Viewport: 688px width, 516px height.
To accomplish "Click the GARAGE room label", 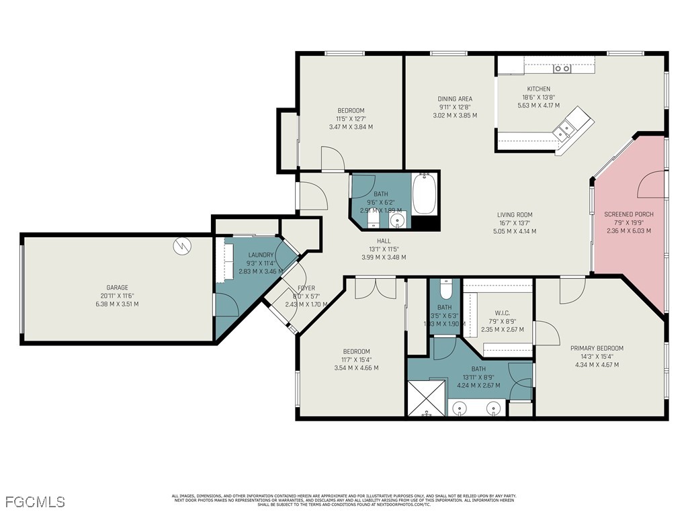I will point(117,288).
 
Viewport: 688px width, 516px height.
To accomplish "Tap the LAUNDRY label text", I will point(261,255).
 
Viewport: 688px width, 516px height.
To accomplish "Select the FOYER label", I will point(306,288).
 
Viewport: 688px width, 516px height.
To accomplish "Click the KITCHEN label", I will point(538,89).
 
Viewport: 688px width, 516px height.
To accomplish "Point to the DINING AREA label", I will point(456,99).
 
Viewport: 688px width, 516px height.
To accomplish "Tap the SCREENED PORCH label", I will point(628,214).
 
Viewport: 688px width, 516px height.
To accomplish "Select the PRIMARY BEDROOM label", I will point(597,348).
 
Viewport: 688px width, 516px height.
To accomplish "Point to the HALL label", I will point(384,241).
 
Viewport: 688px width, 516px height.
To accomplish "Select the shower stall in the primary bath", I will point(427,398).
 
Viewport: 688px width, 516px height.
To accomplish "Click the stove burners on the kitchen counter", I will point(562,69).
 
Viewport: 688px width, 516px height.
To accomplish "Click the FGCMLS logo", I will point(35,501).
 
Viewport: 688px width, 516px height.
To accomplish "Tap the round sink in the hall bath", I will point(398,220).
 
